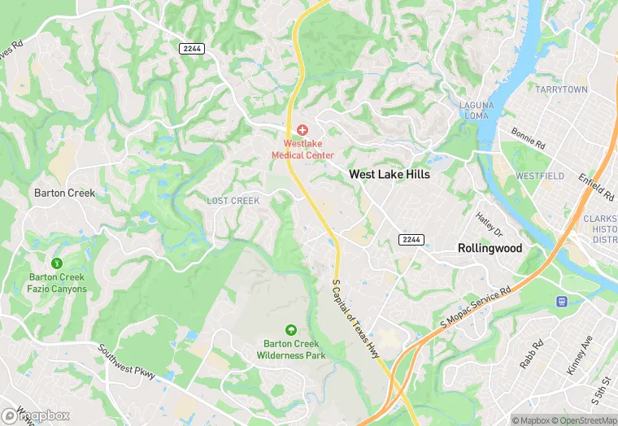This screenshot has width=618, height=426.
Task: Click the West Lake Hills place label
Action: point(389,174)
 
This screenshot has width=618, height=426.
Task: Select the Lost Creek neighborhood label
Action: point(233,201)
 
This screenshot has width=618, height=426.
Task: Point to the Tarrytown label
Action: point(560,88)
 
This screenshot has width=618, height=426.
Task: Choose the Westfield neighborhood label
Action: point(539,176)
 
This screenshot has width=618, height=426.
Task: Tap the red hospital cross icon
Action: point(302,130)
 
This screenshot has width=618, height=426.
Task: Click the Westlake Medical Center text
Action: point(302,149)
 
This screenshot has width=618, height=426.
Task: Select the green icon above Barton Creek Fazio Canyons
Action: point(57,263)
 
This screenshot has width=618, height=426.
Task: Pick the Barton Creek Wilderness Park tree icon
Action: point(291,329)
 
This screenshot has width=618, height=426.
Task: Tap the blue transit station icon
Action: point(561,301)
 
